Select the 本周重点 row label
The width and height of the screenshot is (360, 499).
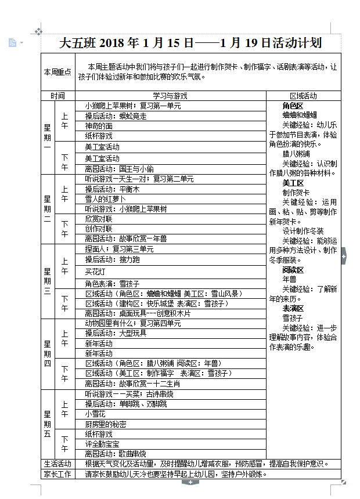[x=57, y=72]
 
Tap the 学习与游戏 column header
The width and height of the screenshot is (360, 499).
[x=170, y=96]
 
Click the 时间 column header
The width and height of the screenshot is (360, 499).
[x=57, y=96]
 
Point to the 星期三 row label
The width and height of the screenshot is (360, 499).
[x=48, y=281]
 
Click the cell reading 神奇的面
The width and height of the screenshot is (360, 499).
[x=99, y=126]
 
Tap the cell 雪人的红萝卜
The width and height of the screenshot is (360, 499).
[x=106, y=198]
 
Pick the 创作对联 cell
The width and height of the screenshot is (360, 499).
[x=99, y=229]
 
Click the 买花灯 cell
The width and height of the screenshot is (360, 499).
[x=95, y=272]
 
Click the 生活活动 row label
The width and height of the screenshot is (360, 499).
[x=57, y=464]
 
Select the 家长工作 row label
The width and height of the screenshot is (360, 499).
[x=57, y=473]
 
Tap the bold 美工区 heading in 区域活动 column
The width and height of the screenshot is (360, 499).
[x=293, y=183]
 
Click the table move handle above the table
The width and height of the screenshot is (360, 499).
[x=38, y=31]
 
